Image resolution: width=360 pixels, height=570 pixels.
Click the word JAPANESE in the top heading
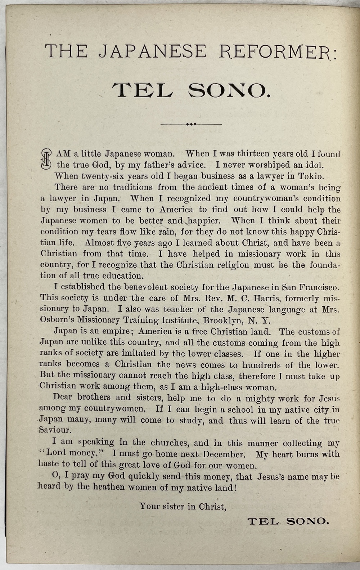pos(153,52)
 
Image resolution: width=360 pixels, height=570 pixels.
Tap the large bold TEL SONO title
pos(191,91)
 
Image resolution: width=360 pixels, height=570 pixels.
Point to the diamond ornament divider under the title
pos(191,124)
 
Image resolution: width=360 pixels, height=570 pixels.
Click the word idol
pos(314,165)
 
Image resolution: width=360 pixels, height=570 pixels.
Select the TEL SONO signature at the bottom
pos(288,521)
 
